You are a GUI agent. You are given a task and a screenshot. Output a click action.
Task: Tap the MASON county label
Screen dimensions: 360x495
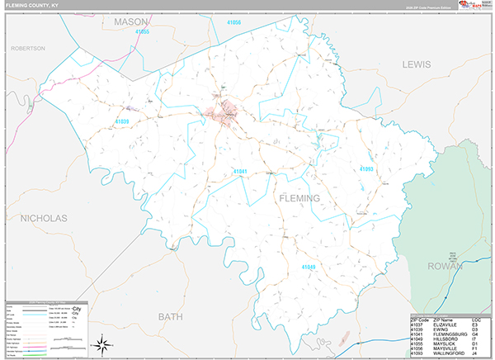click(x=130, y=21)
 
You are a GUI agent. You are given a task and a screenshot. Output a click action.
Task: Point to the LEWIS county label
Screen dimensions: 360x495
click(x=417, y=64)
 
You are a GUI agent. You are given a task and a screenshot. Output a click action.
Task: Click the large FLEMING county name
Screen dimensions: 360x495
click(x=297, y=198)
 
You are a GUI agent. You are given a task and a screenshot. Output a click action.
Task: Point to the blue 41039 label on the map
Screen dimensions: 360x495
click(x=122, y=121)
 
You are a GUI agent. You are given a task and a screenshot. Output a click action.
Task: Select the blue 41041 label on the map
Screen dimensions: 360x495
click(x=240, y=172)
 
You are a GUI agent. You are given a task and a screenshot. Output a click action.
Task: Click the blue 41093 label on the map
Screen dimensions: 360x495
click(x=366, y=169)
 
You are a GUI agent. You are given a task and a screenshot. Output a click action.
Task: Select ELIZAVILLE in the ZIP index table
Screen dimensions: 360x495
click(x=440, y=324)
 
